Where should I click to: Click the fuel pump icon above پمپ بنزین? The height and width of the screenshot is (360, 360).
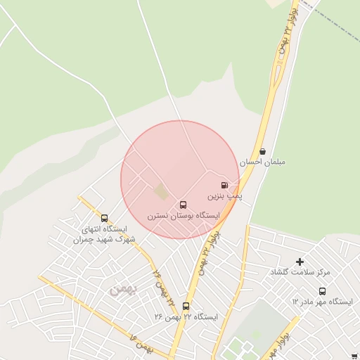pyautogui.click(x=224, y=185)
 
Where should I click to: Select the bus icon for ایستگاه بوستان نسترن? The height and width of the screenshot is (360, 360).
pyautogui.click(x=184, y=205)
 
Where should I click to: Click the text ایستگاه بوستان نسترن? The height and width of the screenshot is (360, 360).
pyautogui.click(x=184, y=217)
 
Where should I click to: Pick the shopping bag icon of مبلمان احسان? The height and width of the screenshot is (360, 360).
pyautogui.click(x=262, y=151)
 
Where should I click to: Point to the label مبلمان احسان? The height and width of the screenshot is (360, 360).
pyautogui.click(x=262, y=162)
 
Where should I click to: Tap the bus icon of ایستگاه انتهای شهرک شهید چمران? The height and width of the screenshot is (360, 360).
pyautogui.click(x=104, y=218)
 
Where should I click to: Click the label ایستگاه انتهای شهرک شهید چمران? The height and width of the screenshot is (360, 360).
pyautogui.click(x=104, y=234)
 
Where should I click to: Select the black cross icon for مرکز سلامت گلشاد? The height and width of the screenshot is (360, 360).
pyautogui.click(x=300, y=262)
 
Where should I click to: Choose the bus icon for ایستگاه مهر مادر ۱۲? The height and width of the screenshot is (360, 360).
pyautogui.click(x=322, y=291)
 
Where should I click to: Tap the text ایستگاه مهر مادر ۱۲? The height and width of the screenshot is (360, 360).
pyautogui.click(x=322, y=302)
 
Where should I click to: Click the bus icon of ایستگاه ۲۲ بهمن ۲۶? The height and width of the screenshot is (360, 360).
pyautogui.click(x=186, y=306)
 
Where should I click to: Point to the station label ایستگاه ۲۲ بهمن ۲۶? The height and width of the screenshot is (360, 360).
pyautogui.click(x=186, y=317)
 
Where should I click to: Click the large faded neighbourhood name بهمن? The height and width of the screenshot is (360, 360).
pyautogui.click(x=121, y=288)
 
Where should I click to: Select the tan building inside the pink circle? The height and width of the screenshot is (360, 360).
pyautogui.click(x=161, y=191)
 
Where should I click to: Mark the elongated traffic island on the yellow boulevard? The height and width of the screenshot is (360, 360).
pyautogui.click(x=279, y=74)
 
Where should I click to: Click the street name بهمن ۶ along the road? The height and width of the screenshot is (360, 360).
pyautogui.click(x=141, y=345)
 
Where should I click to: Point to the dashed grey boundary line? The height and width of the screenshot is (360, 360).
pyautogui.click(x=337, y=21)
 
